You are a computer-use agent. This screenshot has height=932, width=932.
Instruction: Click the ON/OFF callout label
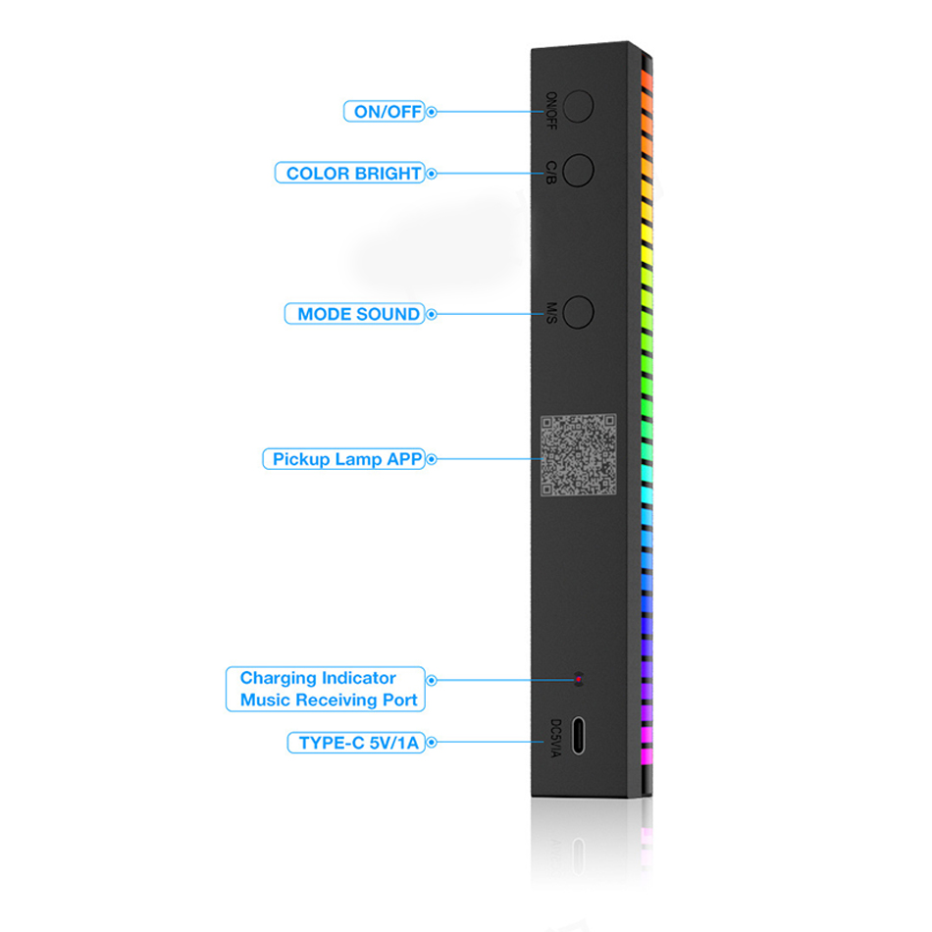tap(384, 111)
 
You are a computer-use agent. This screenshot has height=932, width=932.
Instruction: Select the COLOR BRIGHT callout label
tap(349, 173)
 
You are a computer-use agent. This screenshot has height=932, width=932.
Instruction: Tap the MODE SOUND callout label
tap(355, 314)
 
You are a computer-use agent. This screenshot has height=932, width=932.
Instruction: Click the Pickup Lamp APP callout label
tap(343, 459)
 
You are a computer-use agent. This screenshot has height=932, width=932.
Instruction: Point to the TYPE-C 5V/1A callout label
tap(356, 743)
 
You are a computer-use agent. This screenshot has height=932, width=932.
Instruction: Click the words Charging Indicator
tap(318, 678)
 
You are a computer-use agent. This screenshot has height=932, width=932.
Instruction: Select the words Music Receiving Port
tap(329, 699)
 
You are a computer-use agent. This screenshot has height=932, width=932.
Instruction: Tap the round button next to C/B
tap(578, 170)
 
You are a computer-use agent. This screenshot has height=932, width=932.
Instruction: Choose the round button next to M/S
tap(578, 311)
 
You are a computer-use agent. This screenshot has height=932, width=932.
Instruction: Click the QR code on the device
tap(579, 455)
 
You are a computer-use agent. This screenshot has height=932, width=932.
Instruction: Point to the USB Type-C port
tap(578, 735)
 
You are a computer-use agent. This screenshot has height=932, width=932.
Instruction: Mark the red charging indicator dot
tap(579, 679)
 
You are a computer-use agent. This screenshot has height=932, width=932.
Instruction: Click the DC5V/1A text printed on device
tap(555, 738)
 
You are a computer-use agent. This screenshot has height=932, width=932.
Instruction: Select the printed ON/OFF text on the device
tap(551, 111)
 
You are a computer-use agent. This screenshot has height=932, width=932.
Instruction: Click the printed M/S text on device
tap(551, 313)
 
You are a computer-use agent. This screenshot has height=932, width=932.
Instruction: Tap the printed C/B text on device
tap(551, 173)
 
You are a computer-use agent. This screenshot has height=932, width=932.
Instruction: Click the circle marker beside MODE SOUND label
tap(432, 314)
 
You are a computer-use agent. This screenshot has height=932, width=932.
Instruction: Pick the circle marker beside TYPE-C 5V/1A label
tap(432, 742)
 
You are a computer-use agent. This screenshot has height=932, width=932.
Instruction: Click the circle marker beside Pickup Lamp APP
tap(432, 459)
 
